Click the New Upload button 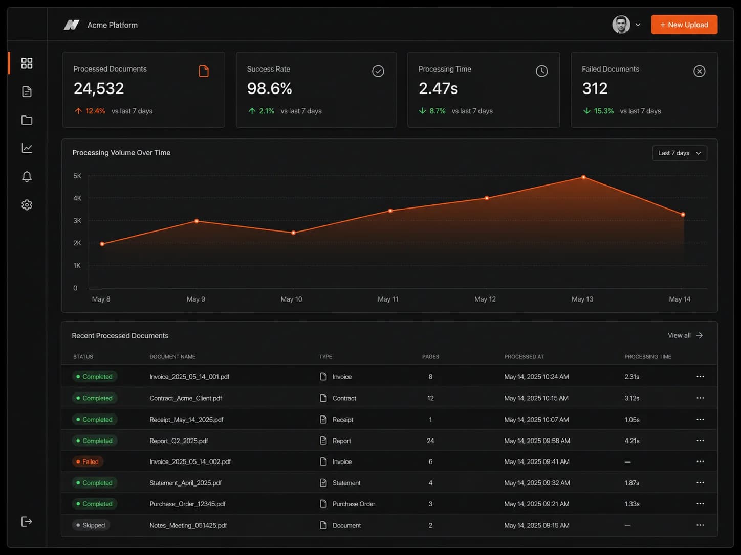684,25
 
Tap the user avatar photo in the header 621,25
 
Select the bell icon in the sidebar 27,177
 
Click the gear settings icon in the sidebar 27,205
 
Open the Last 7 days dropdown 679,153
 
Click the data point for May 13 583,177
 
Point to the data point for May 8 102,244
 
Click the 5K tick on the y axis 77,176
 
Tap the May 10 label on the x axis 291,299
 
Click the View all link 685,335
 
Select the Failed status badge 88,461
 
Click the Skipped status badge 91,525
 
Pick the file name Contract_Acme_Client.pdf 186,398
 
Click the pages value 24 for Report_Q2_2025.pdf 430,441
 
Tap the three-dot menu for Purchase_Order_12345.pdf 700,504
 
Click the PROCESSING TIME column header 647,357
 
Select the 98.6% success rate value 269,88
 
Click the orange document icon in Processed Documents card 204,71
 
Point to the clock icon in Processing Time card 541,71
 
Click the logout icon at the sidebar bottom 27,521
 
